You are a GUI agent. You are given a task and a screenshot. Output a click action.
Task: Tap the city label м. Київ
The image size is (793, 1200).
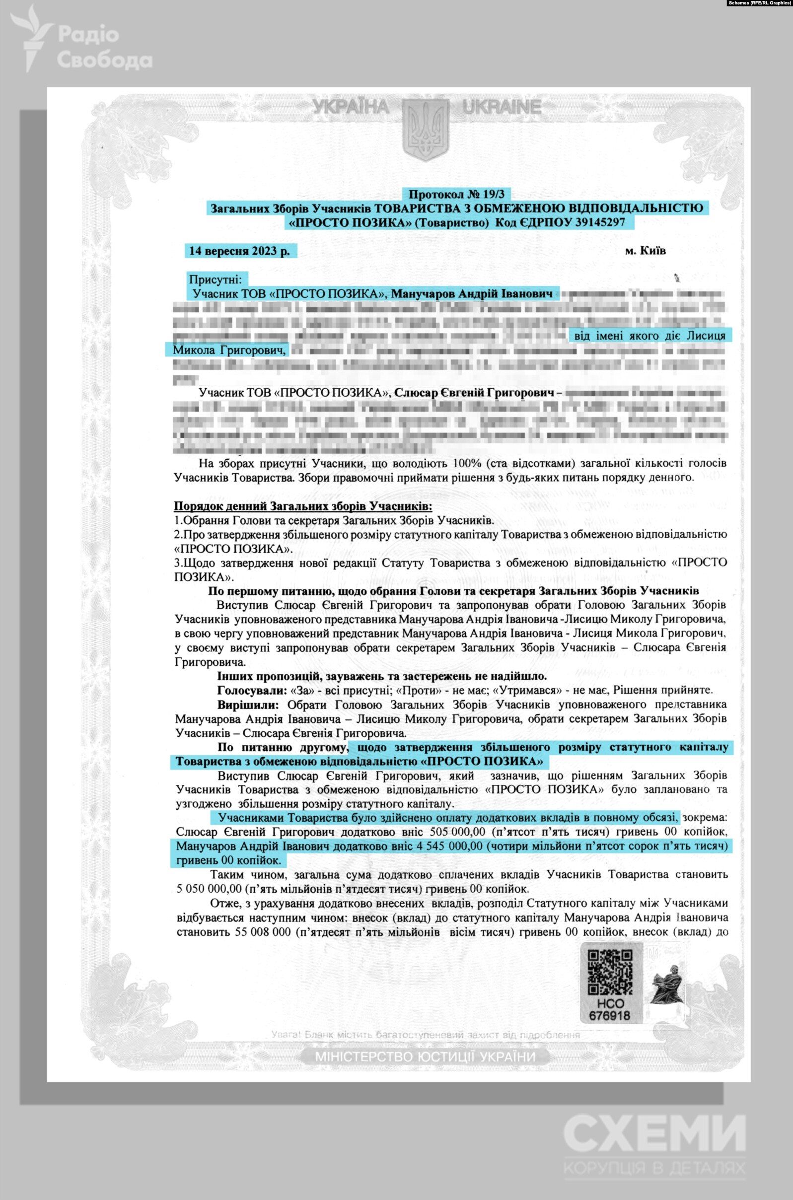646,251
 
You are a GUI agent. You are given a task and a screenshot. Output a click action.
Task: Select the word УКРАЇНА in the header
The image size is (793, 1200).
351,107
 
